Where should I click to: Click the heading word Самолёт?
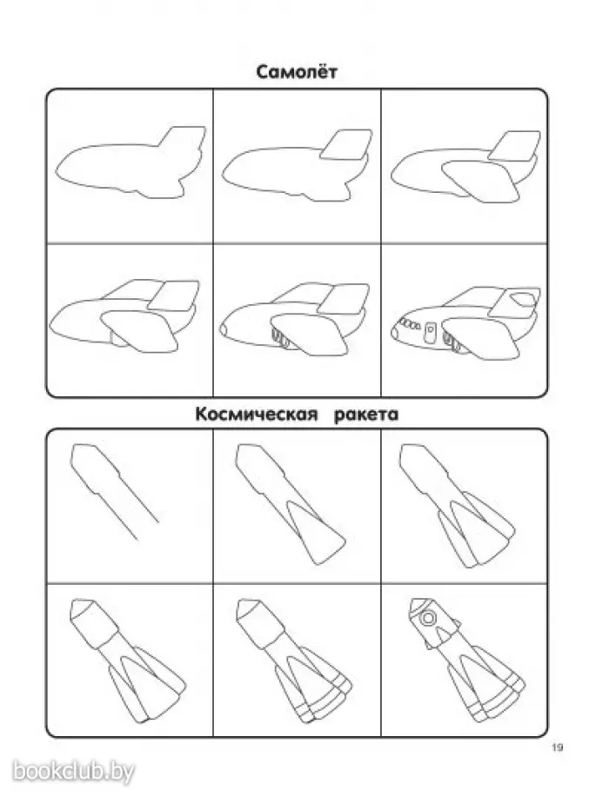(296, 71)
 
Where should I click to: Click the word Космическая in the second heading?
(256, 415)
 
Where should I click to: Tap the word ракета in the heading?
(365, 415)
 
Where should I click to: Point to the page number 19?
(557, 747)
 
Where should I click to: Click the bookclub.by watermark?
(73, 771)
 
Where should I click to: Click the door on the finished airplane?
(431, 332)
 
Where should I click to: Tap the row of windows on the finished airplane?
(410, 323)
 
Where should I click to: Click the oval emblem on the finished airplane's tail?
(523, 299)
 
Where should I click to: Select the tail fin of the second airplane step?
(347, 144)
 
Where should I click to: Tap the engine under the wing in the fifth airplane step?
(281, 338)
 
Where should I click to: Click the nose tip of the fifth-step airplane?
(223, 329)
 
